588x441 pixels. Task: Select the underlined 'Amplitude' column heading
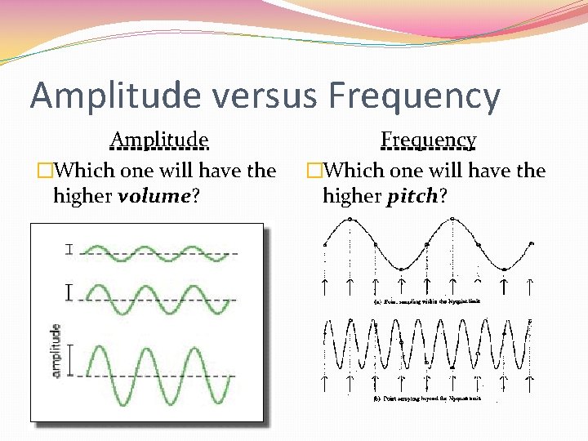[159, 140]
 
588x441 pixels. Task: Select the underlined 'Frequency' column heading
[428, 140]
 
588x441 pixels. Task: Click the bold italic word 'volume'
[154, 197]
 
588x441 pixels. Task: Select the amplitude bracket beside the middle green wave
[69, 292]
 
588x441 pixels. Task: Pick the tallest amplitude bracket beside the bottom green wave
[70, 360]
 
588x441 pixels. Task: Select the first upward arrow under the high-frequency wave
[325, 381]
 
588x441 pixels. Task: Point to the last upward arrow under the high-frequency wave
[530, 381]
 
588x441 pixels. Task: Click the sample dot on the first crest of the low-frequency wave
[350, 220]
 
